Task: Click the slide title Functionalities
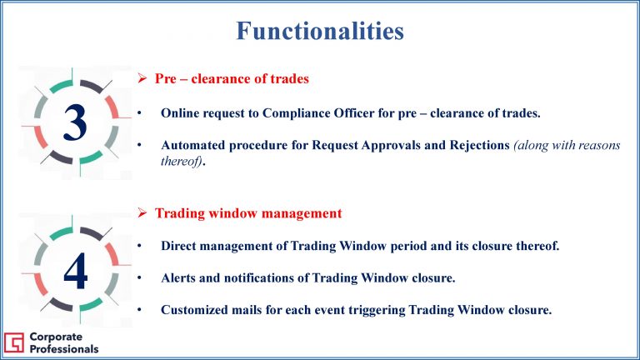click(320, 31)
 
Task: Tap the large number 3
click(75, 122)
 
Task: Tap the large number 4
click(76, 271)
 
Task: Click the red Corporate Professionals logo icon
click(14, 342)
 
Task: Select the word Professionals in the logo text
click(64, 349)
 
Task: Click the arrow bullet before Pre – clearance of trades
click(142, 78)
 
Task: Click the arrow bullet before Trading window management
click(142, 212)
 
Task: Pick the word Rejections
click(480, 145)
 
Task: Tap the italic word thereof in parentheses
click(181, 161)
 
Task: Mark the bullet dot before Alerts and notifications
click(139, 278)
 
